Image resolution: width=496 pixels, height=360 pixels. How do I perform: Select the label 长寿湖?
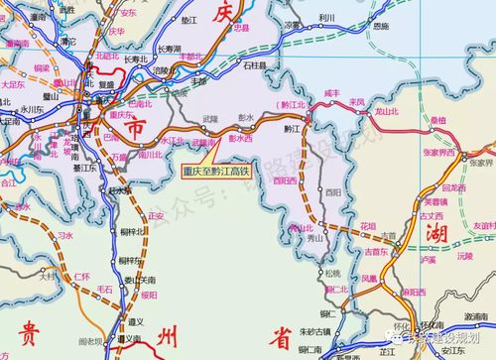click(x=169, y=48)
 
